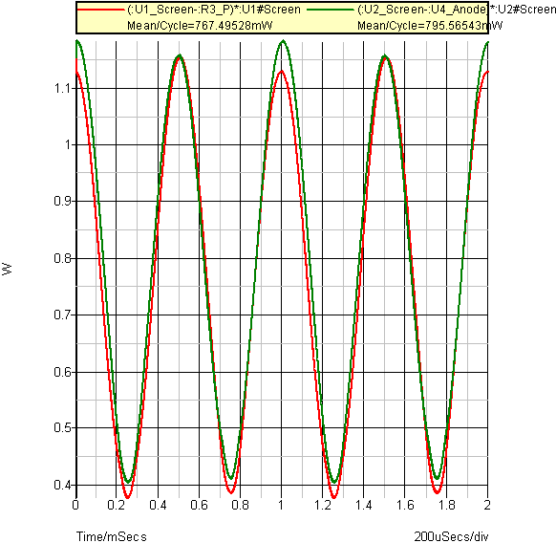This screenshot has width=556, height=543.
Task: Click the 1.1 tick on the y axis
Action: pyautogui.click(x=62, y=88)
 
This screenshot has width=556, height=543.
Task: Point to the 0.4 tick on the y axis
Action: pyautogui.click(x=62, y=485)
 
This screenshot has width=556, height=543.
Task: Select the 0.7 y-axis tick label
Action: pyautogui.click(x=62, y=315)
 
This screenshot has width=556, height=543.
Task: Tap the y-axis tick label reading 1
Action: pyautogui.click(x=68, y=144)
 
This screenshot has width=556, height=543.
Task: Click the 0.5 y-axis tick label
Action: pyautogui.click(x=62, y=427)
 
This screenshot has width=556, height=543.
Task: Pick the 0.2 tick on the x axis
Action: pyautogui.click(x=116, y=505)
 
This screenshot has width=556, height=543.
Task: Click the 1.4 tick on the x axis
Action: pyautogui.click(x=363, y=505)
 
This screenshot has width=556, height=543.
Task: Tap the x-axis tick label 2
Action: pyautogui.click(x=487, y=505)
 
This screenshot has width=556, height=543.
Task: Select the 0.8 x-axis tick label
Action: pyautogui.click(x=240, y=505)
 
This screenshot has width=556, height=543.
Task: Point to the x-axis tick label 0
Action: pyautogui.click(x=75, y=505)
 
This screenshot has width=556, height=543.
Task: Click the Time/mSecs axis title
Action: pyautogui.click(x=112, y=536)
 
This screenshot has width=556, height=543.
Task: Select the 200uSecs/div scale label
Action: pyautogui.click(x=451, y=536)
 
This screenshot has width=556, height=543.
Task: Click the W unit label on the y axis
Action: pyautogui.click(x=7, y=269)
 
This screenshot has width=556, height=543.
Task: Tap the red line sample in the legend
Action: pyautogui.click(x=101, y=10)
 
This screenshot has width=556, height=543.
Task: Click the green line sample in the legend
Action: pyautogui.click(x=331, y=10)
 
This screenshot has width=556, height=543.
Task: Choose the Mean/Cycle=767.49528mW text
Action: pyautogui.click(x=200, y=26)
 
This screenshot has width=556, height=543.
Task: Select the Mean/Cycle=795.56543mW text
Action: pyautogui.click(x=430, y=26)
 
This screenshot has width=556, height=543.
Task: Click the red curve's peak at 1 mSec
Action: pyautogui.click(x=282, y=71)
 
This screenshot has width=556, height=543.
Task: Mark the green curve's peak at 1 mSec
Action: pyautogui.click(x=283, y=41)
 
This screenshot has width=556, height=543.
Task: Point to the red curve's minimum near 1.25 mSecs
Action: pyautogui.click(x=333, y=497)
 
